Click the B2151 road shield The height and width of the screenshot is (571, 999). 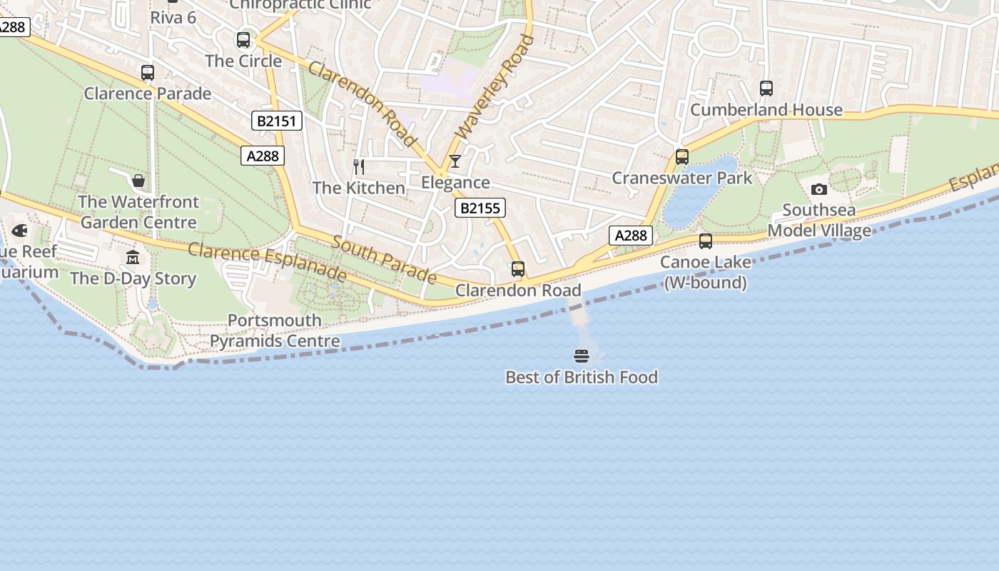pyautogui.click(x=277, y=121)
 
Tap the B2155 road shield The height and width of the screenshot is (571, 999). pyautogui.click(x=480, y=208)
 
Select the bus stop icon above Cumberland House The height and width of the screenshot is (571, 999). pyautogui.click(x=766, y=89)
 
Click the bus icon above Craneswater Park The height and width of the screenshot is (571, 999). pyautogui.click(x=682, y=157)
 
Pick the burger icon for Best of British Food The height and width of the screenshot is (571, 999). pyautogui.click(x=582, y=355)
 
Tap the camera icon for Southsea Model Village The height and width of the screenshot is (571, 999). pyautogui.click(x=819, y=189)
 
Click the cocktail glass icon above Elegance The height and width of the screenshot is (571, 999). pyautogui.click(x=455, y=161)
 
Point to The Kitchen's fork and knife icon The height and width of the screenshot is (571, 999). pyautogui.click(x=359, y=167)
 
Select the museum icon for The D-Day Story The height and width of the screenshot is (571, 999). pyautogui.click(x=133, y=257)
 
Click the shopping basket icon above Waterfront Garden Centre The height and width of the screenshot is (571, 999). pyautogui.click(x=138, y=180)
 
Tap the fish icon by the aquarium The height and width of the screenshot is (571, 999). pyautogui.click(x=19, y=231)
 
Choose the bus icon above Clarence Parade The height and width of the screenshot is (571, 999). pyautogui.click(x=148, y=73)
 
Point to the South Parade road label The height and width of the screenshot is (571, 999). pyautogui.click(x=384, y=261)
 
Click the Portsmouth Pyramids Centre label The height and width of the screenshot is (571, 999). pyautogui.click(x=275, y=330)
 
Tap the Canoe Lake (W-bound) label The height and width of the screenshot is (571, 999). pyautogui.click(x=705, y=272)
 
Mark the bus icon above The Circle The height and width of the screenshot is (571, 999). pyautogui.click(x=243, y=40)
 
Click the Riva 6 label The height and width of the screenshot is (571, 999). pyautogui.click(x=173, y=17)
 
